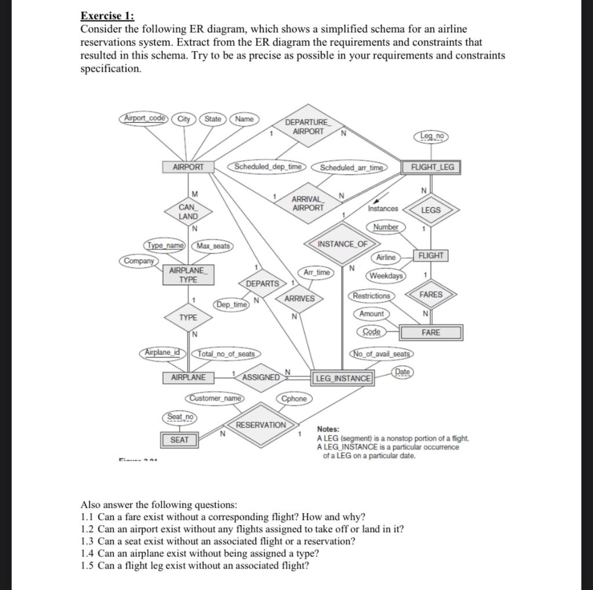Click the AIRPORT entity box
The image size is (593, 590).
click(x=189, y=167)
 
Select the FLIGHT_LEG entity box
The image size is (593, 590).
click(x=433, y=167)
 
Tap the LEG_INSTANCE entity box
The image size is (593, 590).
click(x=343, y=378)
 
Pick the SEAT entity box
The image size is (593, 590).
click(x=180, y=440)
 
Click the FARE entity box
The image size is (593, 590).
click(x=431, y=333)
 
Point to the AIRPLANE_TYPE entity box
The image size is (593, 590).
click(x=188, y=275)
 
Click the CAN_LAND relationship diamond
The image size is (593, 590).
click(x=188, y=212)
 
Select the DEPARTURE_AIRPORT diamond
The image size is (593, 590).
click(x=308, y=127)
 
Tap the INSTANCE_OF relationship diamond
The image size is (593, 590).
click(x=342, y=244)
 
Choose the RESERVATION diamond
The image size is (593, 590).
click(x=261, y=425)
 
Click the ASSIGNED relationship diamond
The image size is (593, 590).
click(x=261, y=377)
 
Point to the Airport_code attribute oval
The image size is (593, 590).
click(x=145, y=119)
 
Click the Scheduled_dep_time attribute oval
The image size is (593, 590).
click(x=268, y=167)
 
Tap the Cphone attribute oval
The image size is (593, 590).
click(x=294, y=399)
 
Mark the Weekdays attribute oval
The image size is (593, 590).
click(x=386, y=275)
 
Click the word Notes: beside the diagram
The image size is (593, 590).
click(x=328, y=429)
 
